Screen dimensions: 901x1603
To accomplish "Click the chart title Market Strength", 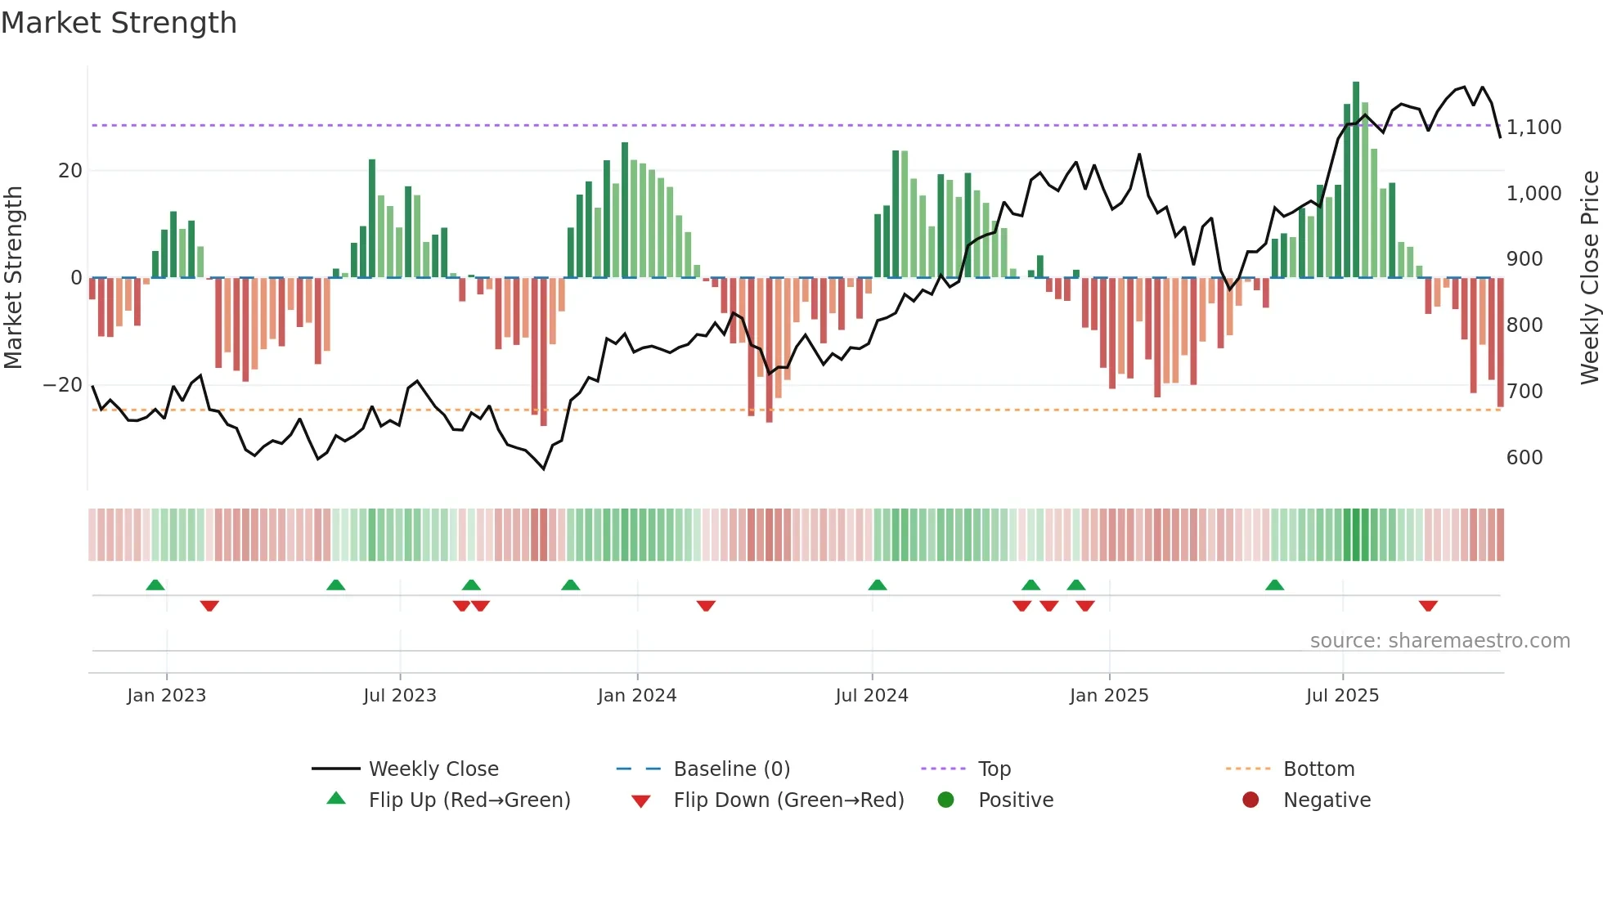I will [119, 23].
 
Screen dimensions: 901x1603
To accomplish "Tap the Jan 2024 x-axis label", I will [637, 696].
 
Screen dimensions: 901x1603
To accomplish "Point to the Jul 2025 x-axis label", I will [1342, 696].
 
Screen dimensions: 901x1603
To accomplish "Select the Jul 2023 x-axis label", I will [400, 696].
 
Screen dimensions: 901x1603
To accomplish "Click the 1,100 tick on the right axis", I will [1533, 128].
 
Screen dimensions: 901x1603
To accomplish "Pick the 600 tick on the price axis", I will [1524, 458].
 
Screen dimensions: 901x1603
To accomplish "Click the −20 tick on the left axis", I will [63, 385].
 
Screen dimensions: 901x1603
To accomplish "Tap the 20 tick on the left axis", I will [70, 171].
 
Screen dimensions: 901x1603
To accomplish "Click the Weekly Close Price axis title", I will [1589, 278].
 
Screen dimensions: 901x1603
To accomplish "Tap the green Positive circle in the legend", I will [946, 800].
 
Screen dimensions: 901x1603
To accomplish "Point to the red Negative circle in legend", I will [1251, 800].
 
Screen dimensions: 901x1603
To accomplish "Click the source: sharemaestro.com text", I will [1439, 641].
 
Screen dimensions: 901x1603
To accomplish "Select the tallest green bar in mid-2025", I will [1356, 180].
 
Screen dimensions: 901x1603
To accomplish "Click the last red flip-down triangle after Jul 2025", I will [1428, 606].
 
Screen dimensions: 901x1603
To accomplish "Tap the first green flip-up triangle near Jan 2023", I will [155, 585].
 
